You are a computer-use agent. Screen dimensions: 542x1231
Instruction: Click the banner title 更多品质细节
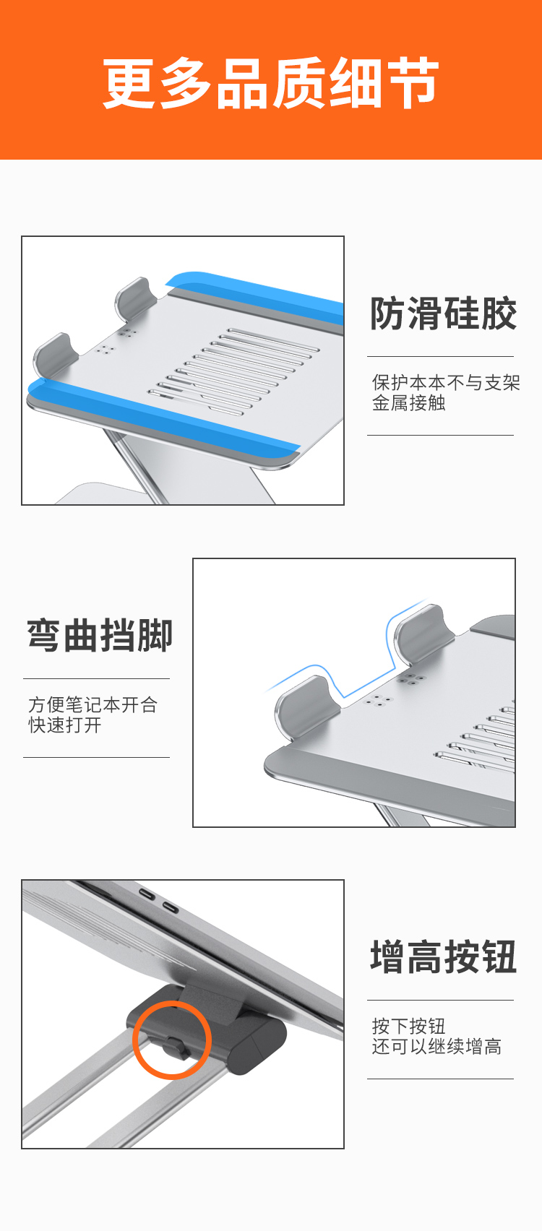tap(271, 83)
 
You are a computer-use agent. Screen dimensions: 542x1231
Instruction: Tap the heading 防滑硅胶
tap(443, 314)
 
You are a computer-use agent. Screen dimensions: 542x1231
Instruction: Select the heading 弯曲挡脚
tap(100, 635)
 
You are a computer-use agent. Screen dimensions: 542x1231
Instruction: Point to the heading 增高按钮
tap(443, 956)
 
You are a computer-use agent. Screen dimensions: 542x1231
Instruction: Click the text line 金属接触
tap(408, 403)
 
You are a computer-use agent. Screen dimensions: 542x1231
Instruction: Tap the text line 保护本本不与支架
tap(446, 382)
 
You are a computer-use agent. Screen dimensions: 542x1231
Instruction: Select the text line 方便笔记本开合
tap(93, 704)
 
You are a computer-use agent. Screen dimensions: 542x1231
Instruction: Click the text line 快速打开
tap(65, 725)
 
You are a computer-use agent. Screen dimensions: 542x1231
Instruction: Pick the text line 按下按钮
tap(408, 1026)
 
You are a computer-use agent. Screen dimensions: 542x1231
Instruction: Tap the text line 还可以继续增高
tap(436, 1046)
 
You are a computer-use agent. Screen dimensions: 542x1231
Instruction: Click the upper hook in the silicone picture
tap(133, 300)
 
